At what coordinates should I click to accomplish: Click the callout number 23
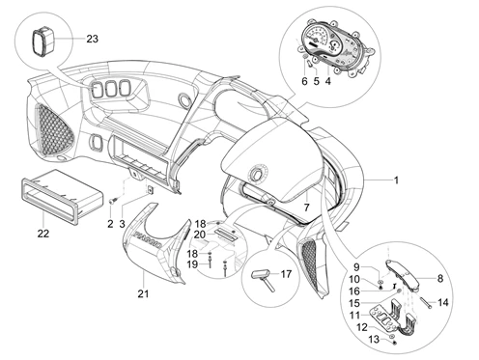pyautogui.click(x=92, y=39)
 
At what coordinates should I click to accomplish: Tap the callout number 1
pyautogui.click(x=396, y=180)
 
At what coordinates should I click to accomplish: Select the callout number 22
pyautogui.click(x=43, y=234)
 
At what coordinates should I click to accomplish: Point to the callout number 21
pyautogui.click(x=143, y=293)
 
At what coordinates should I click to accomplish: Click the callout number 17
pyautogui.click(x=286, y=274)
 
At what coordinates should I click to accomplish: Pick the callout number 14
pyautogui.click(x=443, y=302)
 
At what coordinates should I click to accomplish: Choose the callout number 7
pyautogui.click(x=306, y=208)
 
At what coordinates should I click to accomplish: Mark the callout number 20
pyautogui.click(x=200, y=235)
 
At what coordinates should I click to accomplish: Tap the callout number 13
pyautogui.click(x=374, y=339)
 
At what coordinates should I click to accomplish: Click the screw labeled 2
pyautogui.click(x=113, y=201)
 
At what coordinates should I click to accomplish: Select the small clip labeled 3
pyautogui.click(x=150, y=189)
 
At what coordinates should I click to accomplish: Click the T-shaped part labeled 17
pyautogui.click(x=264, y=279)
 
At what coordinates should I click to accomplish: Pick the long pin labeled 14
pyautogui.click(x=426, y=302)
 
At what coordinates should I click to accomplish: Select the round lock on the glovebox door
pyautogui.click(x=257, y=173)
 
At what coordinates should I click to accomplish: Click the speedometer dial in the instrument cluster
pyautogui.click(x=315, y=39)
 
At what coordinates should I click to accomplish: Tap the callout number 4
pyautogui.click(x=327, y=81)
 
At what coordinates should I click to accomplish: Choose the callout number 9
pyautogui.click(x=356, y=266)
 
